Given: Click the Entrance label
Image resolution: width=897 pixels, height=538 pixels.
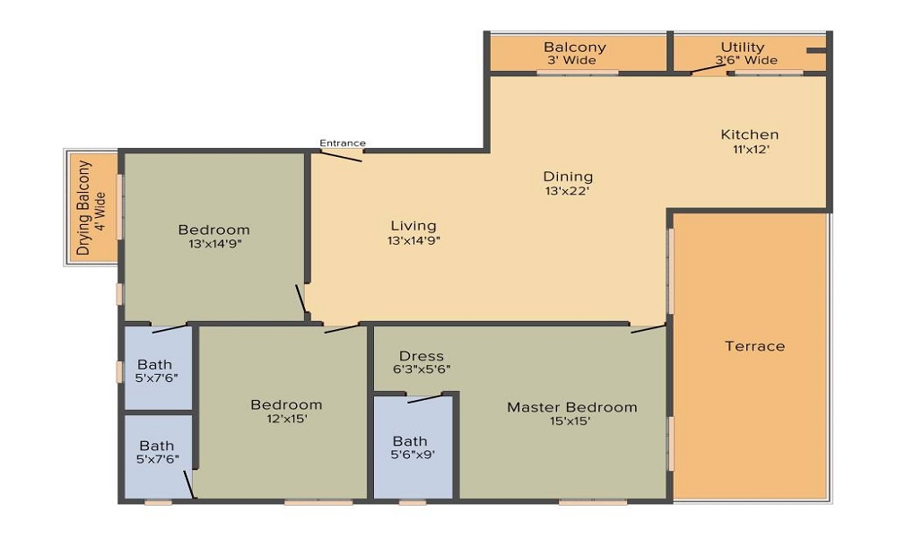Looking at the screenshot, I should pos(343,143).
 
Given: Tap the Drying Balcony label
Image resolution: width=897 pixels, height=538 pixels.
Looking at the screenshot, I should pos(83,208).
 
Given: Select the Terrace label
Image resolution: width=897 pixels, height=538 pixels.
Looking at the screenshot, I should pos(754,346).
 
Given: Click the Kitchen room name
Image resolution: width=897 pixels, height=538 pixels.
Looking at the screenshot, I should pos(749,134).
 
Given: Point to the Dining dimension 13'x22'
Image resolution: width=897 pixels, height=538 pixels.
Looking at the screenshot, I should pos(568,191).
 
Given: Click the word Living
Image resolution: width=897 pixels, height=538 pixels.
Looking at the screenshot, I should pos(414,225).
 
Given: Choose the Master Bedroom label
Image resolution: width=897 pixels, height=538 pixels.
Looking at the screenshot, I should pos(571,407).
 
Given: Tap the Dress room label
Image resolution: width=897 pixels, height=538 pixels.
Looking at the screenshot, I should pos(422,356).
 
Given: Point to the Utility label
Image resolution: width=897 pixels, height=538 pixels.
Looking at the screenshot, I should pos(743,47).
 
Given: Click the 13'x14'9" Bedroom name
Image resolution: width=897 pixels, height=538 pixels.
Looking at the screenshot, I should pos(213,230).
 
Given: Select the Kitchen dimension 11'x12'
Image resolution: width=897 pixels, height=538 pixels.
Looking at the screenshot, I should pos(749,150).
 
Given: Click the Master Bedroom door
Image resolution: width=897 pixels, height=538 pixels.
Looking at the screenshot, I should pos(648,329).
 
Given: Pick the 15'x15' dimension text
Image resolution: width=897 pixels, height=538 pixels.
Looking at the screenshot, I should pos(571,421).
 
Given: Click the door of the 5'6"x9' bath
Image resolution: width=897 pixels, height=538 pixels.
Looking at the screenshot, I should pos(425,398).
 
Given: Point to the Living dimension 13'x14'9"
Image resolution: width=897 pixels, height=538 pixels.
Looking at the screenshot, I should pos(414,240).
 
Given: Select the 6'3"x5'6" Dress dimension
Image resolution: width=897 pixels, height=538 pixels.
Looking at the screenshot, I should pos(422,369).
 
